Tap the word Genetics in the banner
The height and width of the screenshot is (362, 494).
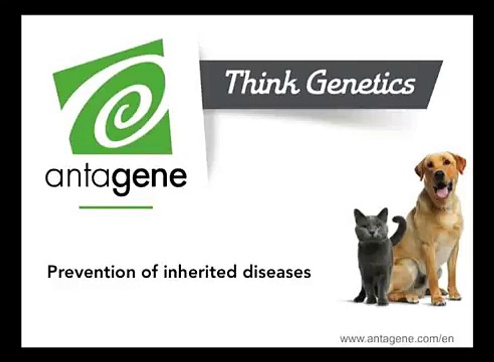point(361,83)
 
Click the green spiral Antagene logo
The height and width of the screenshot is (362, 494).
point(113,98)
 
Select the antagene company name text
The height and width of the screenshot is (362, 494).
point(116,178)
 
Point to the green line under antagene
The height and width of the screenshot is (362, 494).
point(116,207)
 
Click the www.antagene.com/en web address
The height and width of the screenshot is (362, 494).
point(397,338)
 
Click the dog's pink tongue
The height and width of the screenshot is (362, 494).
point(442,192)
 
